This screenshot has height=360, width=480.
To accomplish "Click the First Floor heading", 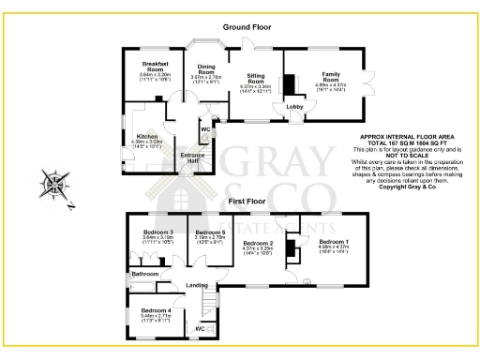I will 243,201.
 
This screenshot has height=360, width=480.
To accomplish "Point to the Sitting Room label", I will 257,78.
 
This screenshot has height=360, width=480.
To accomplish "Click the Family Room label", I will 333,75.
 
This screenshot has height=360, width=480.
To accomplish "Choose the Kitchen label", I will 145,136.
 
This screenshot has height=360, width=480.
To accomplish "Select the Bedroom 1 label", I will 335,242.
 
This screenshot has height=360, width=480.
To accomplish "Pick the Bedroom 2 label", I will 258,244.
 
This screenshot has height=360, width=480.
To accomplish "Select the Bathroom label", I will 144,274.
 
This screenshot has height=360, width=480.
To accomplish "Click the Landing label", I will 197,285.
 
